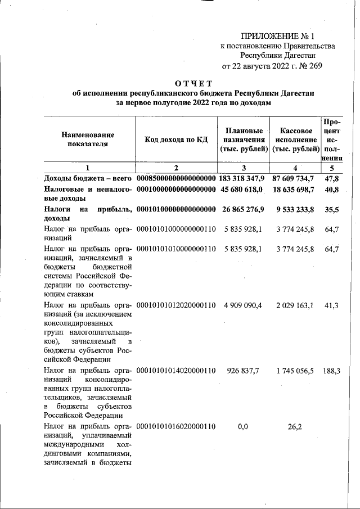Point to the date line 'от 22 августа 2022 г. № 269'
[272, 66]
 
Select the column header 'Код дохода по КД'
[175, 139]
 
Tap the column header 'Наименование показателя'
[88, 139]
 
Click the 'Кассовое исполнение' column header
[295, 139]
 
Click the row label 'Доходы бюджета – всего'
[88, 178]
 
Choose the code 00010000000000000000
[176, 190]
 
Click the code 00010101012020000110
[176, 305]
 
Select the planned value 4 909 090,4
[243, 305]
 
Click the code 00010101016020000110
[176, 426]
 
